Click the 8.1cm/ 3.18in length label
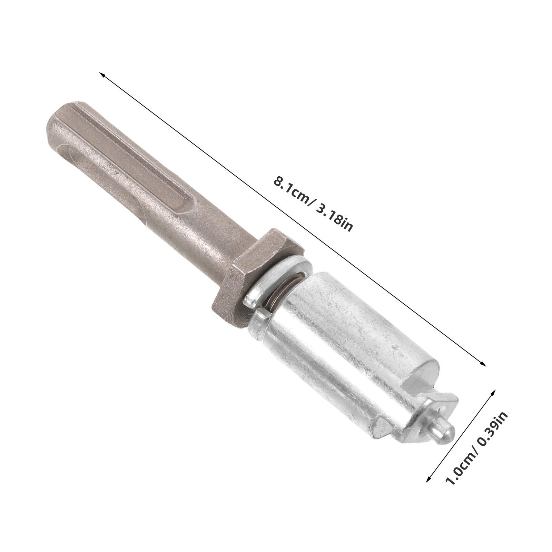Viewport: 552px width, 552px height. (313, 204)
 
